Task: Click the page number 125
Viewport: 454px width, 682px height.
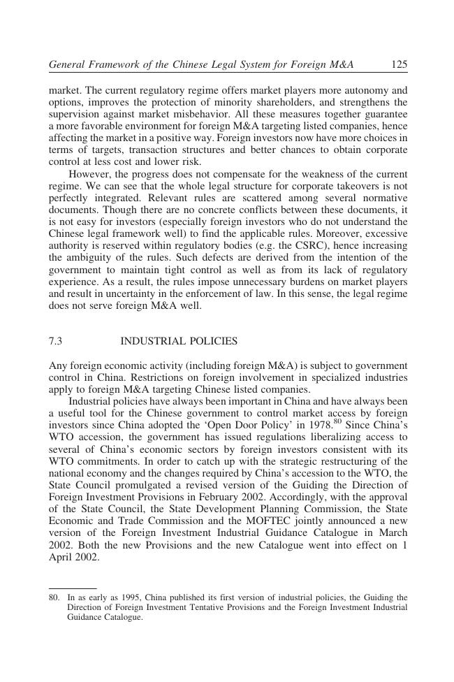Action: [399, 65]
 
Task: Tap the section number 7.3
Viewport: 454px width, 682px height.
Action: [56, 342]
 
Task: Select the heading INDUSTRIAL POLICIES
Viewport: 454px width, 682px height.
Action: [179, 342]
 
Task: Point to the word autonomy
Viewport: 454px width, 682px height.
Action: [363, 91]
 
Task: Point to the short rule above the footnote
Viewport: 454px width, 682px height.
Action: [73, 588]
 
